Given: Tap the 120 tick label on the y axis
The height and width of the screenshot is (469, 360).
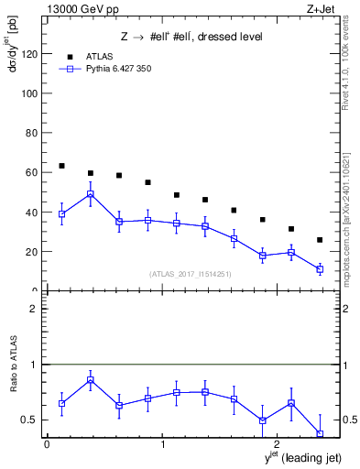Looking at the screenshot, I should click(27, 54).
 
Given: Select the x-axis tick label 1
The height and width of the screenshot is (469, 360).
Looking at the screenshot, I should click(163, 444).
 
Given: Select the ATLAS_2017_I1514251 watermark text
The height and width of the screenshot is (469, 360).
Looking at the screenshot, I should click(191, 274).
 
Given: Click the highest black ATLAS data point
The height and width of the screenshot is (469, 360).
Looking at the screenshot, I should click(61, 166).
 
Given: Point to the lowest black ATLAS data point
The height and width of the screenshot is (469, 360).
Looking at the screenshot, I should click(320, 240).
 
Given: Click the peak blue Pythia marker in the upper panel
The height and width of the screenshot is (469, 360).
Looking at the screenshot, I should click(90, 194).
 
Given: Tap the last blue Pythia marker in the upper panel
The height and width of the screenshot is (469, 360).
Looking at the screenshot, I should click(320, 269).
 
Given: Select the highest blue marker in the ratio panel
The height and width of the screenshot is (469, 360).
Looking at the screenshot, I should click(90, 380).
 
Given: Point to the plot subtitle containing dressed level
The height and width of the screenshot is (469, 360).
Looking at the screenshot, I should click(191, 38).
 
